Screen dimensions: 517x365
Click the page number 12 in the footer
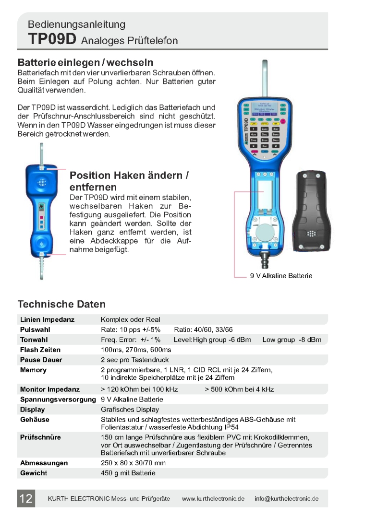tap(26, 499)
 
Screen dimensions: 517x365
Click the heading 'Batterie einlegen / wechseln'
tap(85, 63)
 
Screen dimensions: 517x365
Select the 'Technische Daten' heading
tap(61, 304)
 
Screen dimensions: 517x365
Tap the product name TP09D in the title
tap(52, 39)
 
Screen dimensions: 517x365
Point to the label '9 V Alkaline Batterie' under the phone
tap(281, 276)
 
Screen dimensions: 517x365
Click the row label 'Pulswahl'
tap(35, 329)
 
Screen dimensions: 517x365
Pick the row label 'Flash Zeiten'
tap(41, 350)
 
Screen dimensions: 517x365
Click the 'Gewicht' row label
tap(34, 473)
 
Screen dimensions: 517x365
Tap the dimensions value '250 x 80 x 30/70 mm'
tap(133, 463)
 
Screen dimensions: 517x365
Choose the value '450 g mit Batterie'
tap(128, 473)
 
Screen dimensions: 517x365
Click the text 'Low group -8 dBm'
tap(292, 340)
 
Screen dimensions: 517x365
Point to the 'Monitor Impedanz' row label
tap(50, 389)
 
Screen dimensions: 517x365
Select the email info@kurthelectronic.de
tap(287, 499)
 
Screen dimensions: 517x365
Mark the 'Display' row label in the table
tap(33, 410)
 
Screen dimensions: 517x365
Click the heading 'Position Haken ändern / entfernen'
tap(129, 181)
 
